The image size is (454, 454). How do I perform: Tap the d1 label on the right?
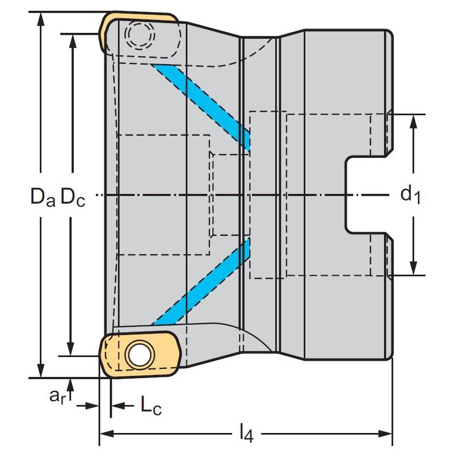tap(410, 196)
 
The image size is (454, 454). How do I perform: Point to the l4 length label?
tap(245, 435)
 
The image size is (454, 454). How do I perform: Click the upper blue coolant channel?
tap(204, 106)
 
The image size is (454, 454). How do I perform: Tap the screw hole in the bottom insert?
tap(138, 355)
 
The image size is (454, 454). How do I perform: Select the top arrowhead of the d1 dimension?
tap(414, 121)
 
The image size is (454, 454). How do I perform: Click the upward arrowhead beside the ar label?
tap(70, 382)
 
